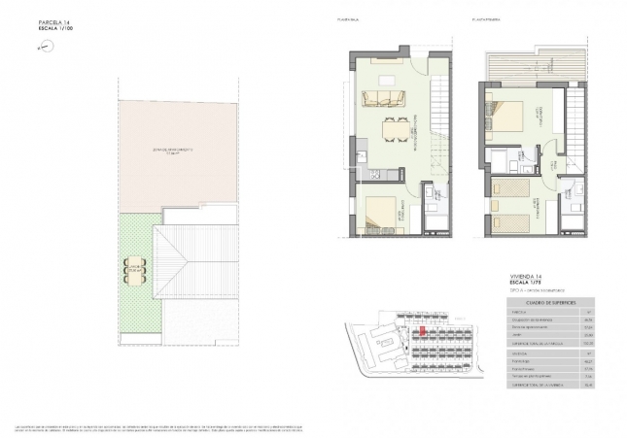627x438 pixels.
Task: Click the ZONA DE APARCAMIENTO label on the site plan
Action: (x=173, y=151)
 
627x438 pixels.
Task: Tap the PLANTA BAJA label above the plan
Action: (x=348, y=17)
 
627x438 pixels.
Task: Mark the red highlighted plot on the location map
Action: (x=423, y=331)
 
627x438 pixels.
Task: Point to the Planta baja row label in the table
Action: (x=521, y=360)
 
